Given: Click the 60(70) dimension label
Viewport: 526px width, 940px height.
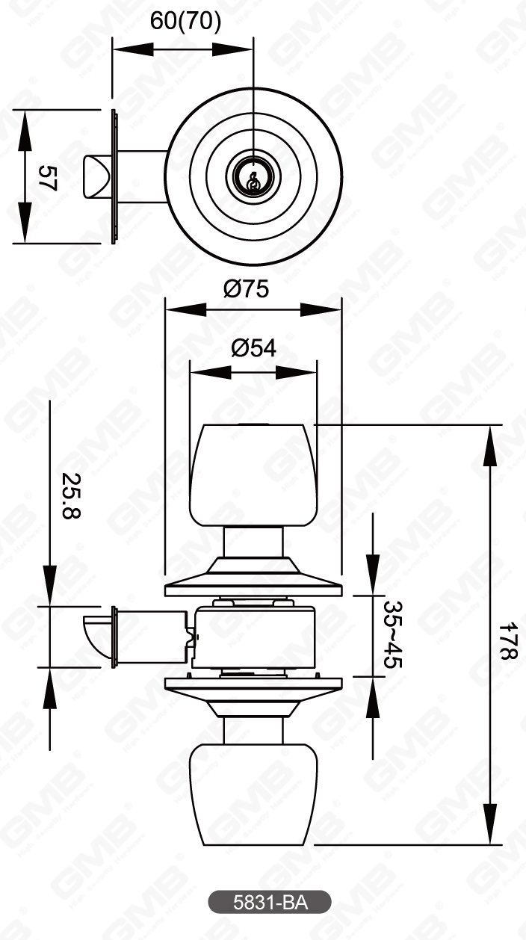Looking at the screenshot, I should tap(185, 21).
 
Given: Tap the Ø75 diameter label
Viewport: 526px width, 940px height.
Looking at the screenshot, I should tap(246, 288).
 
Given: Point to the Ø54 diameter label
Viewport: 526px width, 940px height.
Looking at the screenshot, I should tap(253, 347).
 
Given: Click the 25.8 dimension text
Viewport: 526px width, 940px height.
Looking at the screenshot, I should tap(71, 495).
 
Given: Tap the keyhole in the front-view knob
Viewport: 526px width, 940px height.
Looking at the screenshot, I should tap(253, 179).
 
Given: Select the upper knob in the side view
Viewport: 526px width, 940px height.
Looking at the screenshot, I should tap(253, 474).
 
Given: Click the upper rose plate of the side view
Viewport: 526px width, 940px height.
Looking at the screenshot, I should tap(253, 587).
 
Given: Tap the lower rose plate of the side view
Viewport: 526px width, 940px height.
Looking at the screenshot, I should tap(253, 684).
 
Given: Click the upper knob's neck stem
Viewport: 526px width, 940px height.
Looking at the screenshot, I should tap(253, 541).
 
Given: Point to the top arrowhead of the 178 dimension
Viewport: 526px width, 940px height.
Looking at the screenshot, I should tap(490, 442).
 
